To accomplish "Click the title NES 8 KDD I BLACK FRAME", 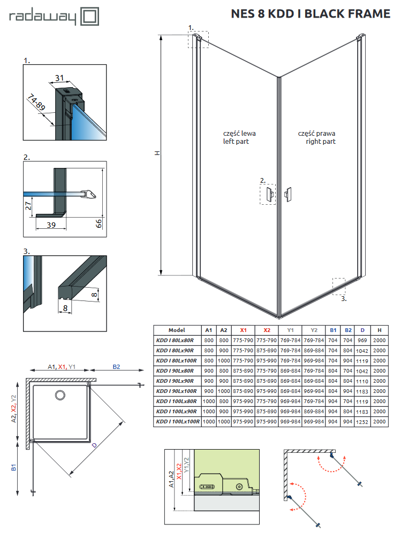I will (x=310, y=14).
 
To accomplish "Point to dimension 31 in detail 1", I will (x=59, y=79).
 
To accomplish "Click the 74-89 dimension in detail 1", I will (x=37, y=103).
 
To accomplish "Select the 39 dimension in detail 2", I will (x=50, y=225).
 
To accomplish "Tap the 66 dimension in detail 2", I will (x=99, y=223).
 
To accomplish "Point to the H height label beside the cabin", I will (x=157, y=153).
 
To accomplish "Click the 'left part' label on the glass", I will (x=236, y=142).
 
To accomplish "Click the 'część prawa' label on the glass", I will (x=317, y=133).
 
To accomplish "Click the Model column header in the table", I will (x=177, y=330).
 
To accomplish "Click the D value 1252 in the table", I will (x=362, y=421).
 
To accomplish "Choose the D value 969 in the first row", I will (x=362, y=341).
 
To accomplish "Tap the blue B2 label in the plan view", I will (x=116, y=367).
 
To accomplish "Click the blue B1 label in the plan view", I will (x=13, y=468).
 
